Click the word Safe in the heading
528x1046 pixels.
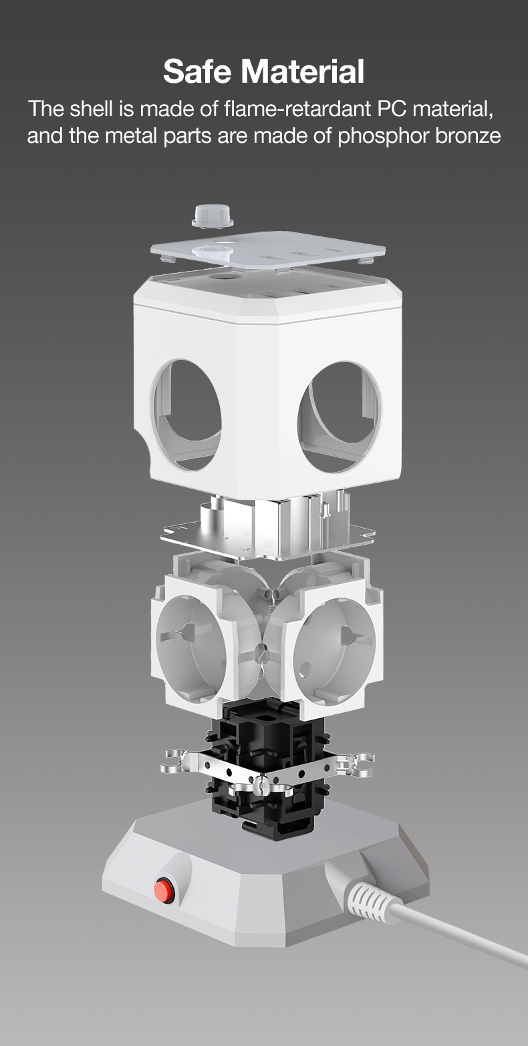point(198,71)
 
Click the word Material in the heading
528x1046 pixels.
point(303,71)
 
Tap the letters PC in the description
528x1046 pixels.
point(393,109)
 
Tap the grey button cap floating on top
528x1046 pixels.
point(213,216)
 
